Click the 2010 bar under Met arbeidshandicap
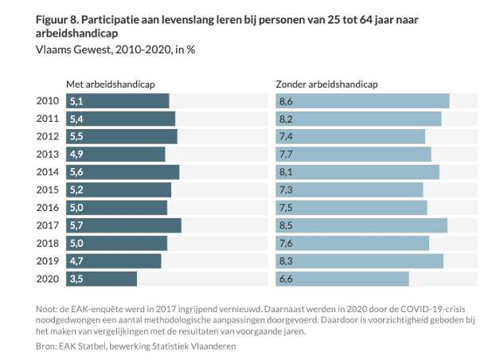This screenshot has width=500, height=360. [x=118, y=101]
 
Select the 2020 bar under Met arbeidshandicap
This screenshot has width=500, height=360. [x=102, y=279]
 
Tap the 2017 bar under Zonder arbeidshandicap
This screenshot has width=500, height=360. [x=361, y=225]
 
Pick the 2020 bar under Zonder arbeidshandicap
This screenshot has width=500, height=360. [x=342, y=279]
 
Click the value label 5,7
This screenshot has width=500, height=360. [x=77, y=225]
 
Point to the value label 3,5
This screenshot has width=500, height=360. [x=77, y=279]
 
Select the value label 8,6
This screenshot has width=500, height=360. [x=286, y=101]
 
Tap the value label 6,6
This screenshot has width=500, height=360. [x=286, y=279]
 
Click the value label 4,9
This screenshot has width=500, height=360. [x=77, y=155]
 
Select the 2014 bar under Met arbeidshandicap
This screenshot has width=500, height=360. [x=123, y=172]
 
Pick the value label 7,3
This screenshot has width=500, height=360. [x=286, y=190]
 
